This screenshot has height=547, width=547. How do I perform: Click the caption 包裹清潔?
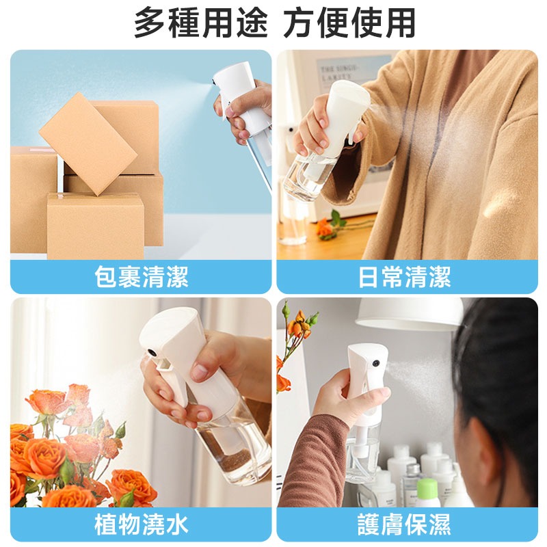coord(141,277)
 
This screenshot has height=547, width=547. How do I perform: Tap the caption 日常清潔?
coord(404,277)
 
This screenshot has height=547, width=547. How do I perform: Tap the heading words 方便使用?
coord(349,23)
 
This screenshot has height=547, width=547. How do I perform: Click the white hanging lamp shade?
coord(408,313)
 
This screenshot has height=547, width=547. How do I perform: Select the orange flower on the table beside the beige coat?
coord(325,228)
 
